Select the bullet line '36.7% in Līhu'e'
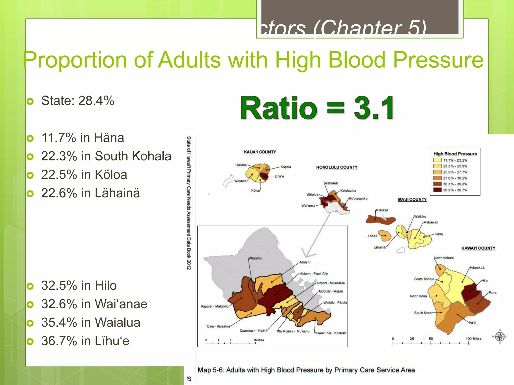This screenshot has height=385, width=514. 85,341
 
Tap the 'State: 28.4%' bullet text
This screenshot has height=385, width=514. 78,101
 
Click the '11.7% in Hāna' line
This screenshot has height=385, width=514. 83,138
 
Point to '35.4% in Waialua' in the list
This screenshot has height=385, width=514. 91,322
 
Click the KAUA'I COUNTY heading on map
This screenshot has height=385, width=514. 260,152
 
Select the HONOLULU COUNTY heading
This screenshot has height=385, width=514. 337,167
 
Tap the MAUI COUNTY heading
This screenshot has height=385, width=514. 412,200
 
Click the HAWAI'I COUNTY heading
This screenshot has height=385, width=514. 478,248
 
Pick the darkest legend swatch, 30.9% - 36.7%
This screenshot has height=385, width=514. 437,190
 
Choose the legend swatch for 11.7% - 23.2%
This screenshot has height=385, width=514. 437,160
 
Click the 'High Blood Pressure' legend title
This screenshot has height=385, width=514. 455,154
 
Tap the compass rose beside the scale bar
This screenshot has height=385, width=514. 500,337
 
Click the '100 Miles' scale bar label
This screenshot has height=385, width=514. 473,339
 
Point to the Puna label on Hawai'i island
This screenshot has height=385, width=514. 492,293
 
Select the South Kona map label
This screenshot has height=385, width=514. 423,313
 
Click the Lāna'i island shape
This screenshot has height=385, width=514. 384,236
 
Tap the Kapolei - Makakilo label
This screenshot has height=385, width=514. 215,306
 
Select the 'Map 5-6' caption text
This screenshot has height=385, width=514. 306,370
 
